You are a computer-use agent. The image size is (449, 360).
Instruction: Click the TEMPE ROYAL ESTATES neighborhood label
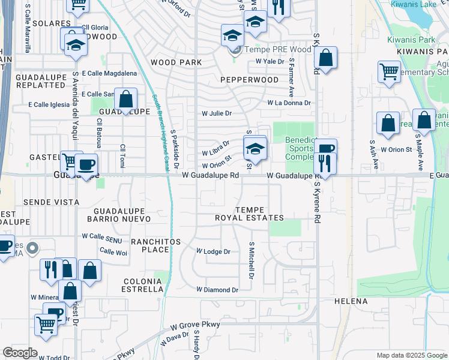[249, 213]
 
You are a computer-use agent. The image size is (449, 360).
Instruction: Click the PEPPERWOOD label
[249, 80]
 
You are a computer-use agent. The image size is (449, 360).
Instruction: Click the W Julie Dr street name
[216, 113]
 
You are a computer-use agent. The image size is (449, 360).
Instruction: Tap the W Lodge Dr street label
[214, 252]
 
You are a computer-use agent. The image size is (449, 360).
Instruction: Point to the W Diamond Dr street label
[217, 289]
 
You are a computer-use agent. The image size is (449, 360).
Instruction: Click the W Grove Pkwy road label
[195, 325]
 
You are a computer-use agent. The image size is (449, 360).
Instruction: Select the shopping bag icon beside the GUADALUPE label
[126, 99]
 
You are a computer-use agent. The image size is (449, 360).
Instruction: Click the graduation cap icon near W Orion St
[255, 148]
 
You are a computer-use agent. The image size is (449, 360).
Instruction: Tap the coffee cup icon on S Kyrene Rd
[325, 149]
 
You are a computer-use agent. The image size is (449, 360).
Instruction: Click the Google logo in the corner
[20, 353]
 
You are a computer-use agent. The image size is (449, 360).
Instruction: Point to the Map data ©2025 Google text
[411, 355]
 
